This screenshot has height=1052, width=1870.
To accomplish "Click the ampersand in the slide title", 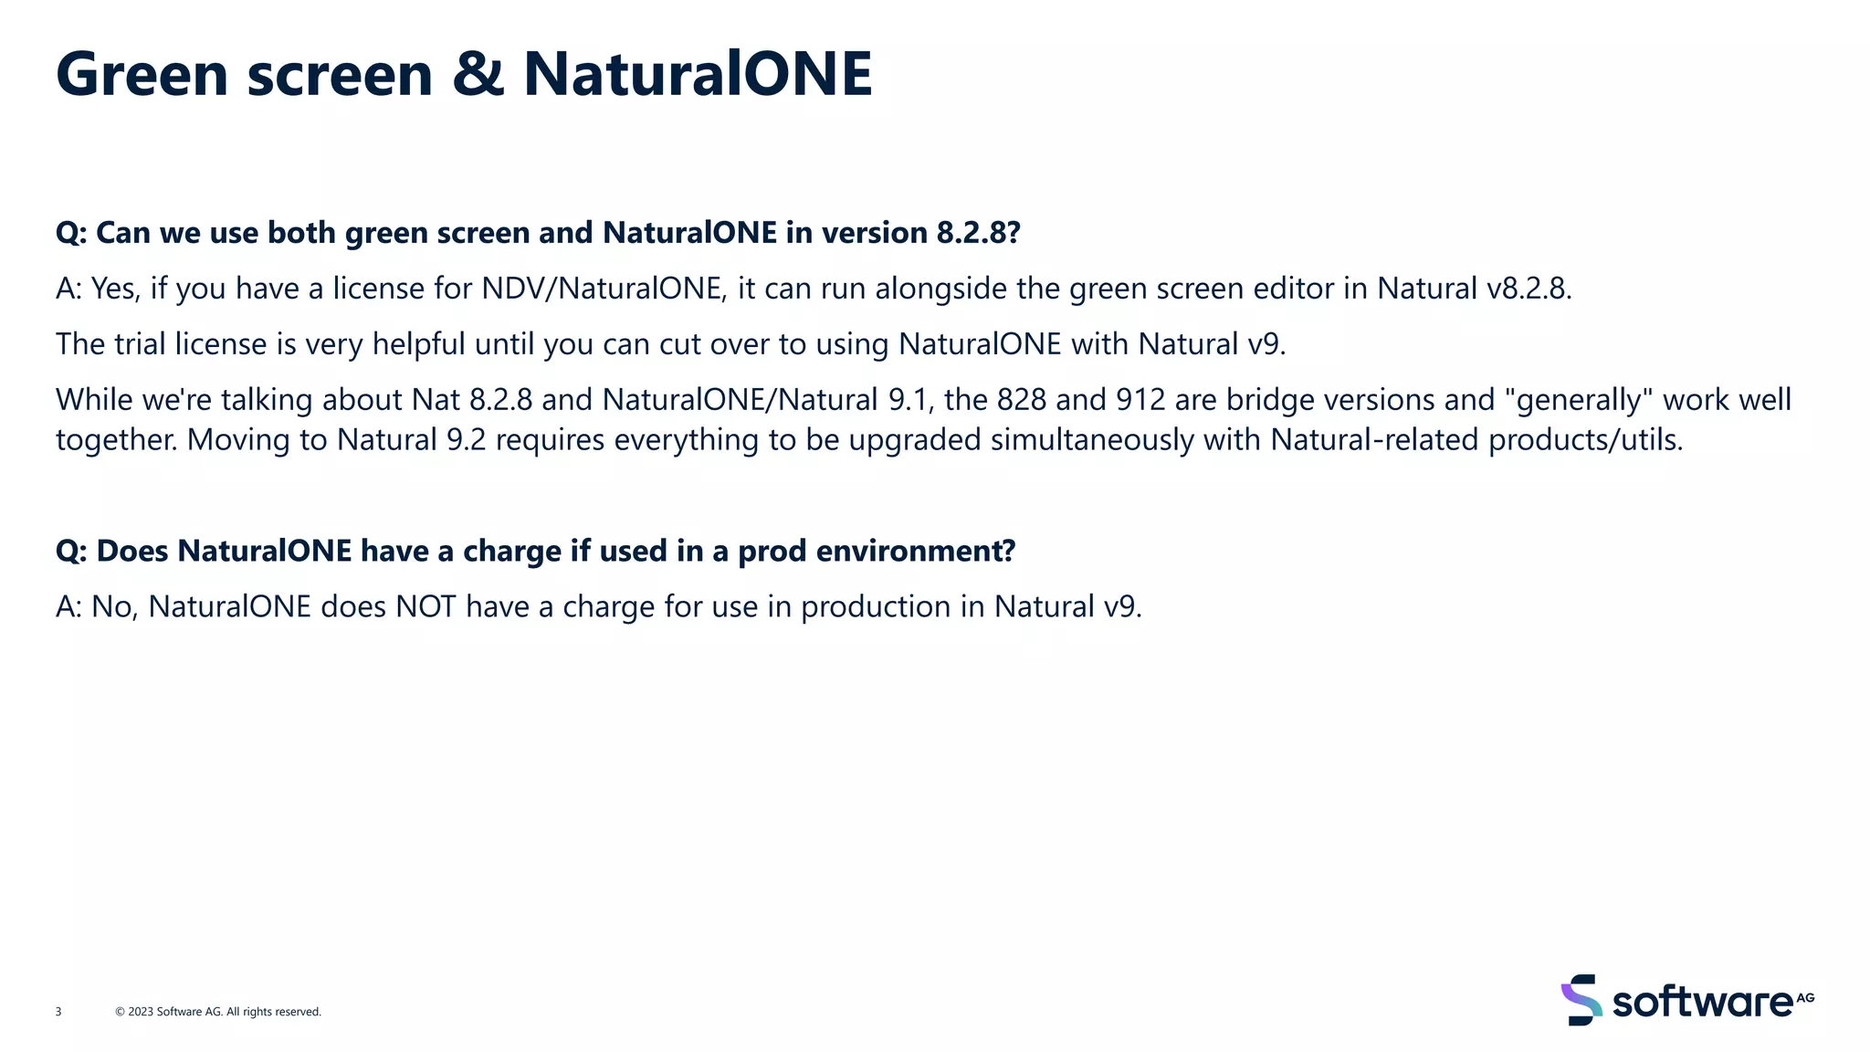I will coord(478,74).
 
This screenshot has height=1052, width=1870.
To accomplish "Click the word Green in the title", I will coord(142,74).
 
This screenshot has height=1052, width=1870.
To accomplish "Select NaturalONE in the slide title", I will coord(698,74).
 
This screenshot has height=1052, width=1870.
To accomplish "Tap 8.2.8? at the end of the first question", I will coord(978,233).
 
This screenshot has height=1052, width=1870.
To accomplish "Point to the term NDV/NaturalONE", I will coord(602,289).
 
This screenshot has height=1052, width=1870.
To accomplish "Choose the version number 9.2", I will coord(466,440).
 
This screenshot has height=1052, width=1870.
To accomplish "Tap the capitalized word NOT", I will coord(425,607).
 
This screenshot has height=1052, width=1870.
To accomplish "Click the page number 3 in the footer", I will coord(58,1012).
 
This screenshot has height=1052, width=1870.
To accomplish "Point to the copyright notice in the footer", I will coord(218,1012).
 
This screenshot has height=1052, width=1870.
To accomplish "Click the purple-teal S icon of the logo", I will coord(1581,1000).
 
